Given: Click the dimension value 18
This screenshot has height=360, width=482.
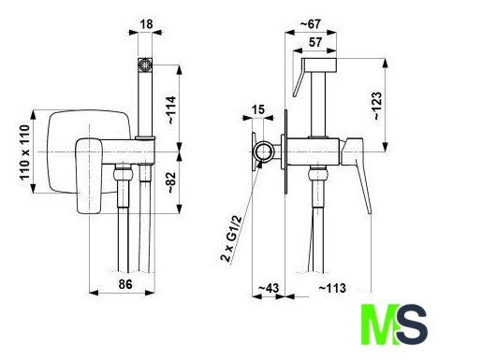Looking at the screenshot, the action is point(146,24).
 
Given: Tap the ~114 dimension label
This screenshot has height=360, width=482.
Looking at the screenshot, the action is point(171,110).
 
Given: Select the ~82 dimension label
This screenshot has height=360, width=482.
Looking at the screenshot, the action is point(171,182).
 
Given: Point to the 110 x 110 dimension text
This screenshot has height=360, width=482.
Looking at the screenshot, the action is point(24,152).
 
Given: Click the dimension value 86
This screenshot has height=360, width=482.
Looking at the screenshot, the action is point(125,284).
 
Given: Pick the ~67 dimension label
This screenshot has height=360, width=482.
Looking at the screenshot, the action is point(310,24).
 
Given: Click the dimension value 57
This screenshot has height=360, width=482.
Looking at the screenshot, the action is point(315,42).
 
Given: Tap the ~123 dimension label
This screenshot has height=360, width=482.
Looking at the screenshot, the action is point(376,106).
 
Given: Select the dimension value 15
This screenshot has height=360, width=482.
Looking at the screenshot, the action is point(257,109).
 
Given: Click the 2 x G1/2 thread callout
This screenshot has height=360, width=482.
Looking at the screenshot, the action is point(231,238).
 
